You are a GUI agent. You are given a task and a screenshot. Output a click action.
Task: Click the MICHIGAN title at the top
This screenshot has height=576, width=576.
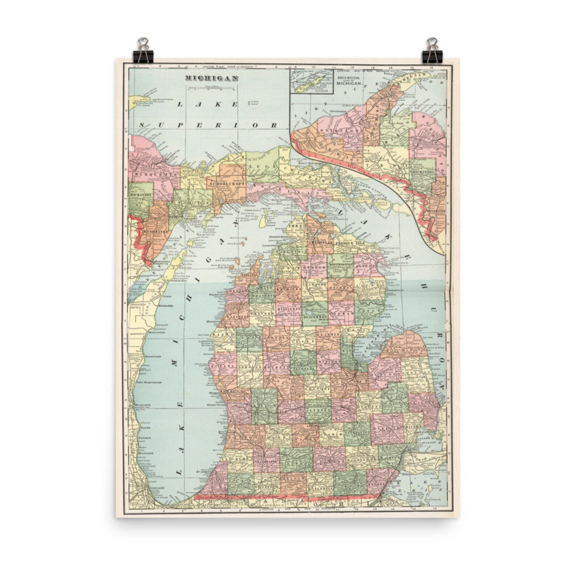[x=211, y=78]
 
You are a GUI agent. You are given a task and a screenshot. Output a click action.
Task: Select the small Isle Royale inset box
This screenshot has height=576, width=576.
[x=311, y=82]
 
